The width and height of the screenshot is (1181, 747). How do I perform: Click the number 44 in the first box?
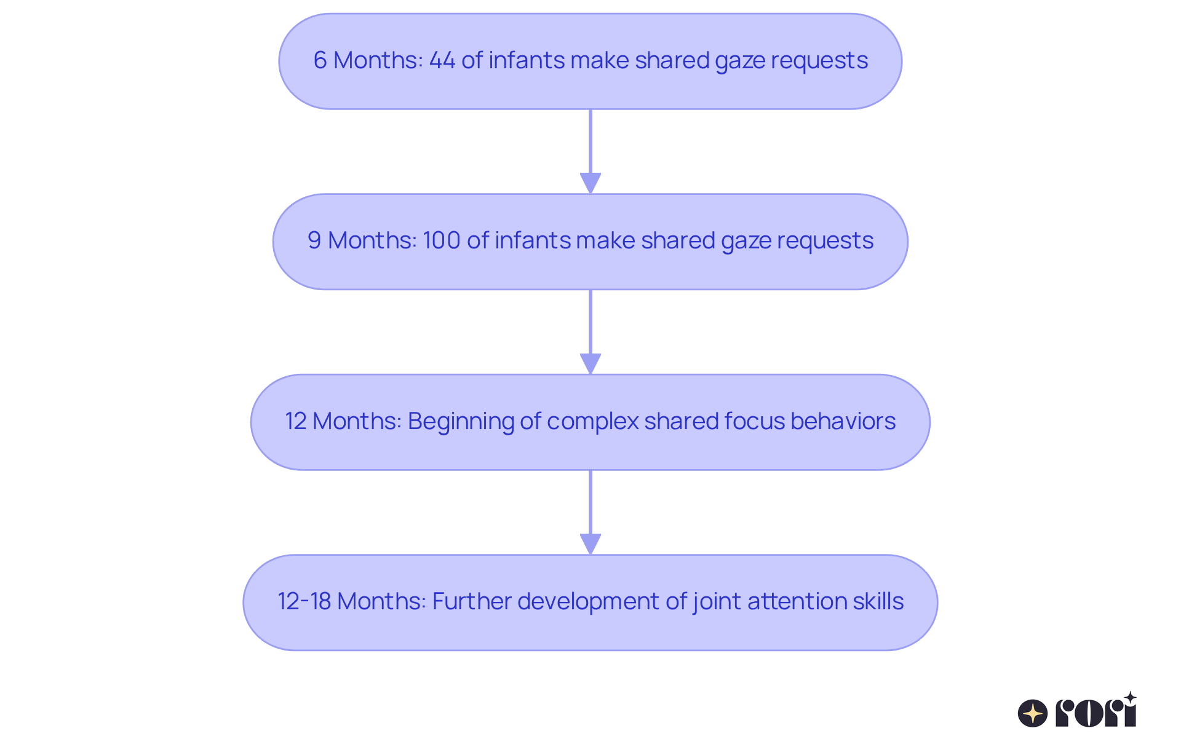[442, 60]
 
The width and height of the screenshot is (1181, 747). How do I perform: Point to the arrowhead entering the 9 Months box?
[590, 183]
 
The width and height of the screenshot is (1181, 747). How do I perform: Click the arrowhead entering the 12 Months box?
[590, 363]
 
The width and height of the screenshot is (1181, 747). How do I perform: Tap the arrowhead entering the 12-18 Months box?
[590, 544]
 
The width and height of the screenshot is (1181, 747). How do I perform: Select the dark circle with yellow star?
[1032, 713]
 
